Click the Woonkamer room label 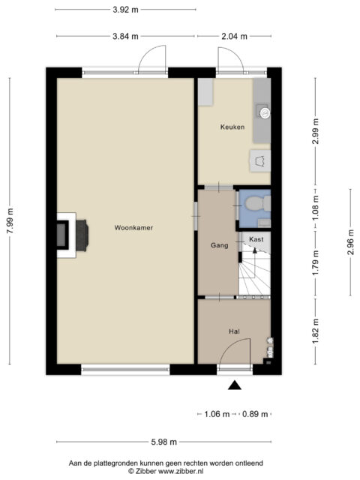[133, 228]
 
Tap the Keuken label [232, 127]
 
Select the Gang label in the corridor [220, 245]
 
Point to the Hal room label [234, 331]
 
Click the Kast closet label [256, 239]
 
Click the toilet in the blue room [258, 204]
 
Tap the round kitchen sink [265, 113]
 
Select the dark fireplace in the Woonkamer [82, 235]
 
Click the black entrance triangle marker [235, 385]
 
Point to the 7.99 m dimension [10, 220]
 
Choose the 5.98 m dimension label [164, 442]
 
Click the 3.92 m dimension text [125, 10]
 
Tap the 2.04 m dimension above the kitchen [234, 37]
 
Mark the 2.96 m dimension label [351, 242]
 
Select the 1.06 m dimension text [217, 414]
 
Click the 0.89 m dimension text [255, 414]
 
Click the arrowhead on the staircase [254, 250]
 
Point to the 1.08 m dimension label [316, 208]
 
